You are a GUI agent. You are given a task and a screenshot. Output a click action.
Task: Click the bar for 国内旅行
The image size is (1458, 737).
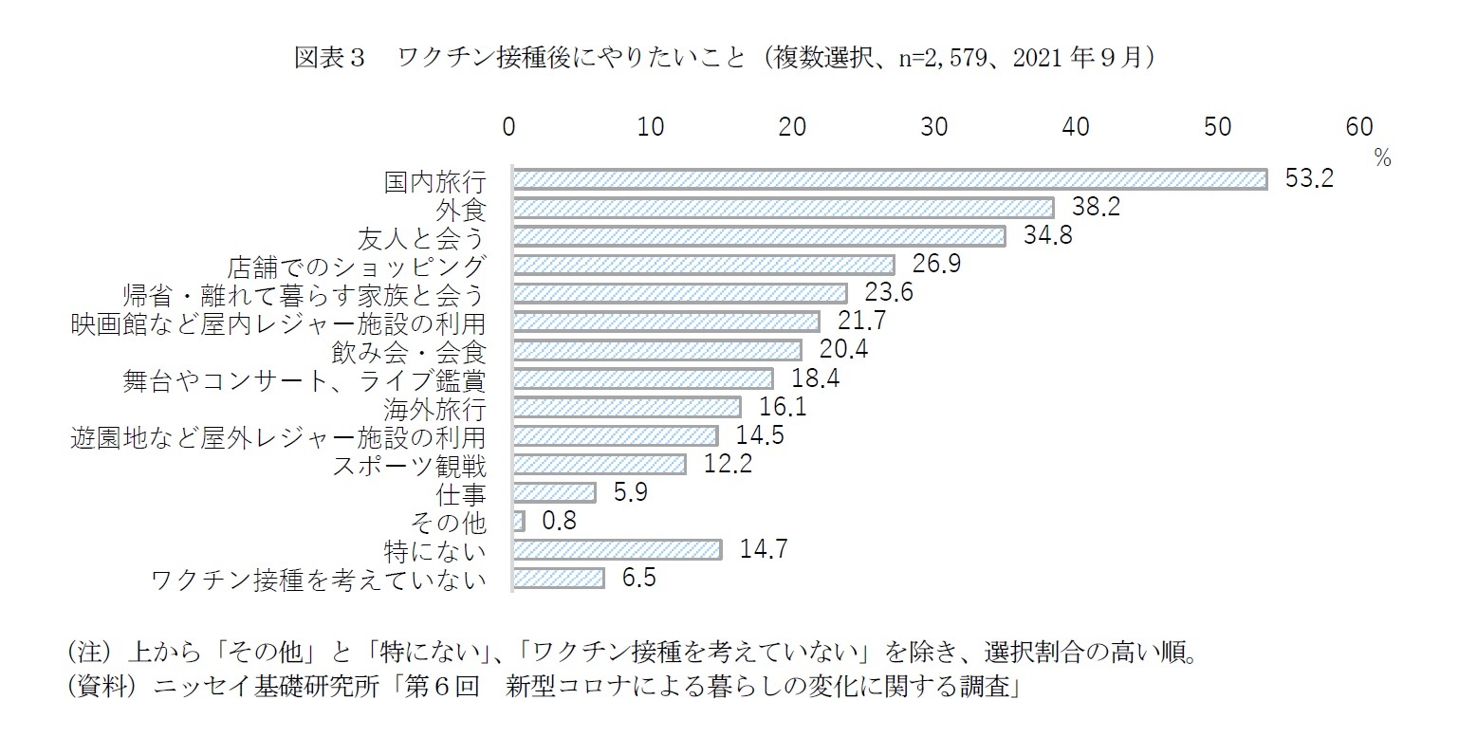(x=890, y=179)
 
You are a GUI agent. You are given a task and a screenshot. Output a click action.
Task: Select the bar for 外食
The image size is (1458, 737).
(x=783, y=208)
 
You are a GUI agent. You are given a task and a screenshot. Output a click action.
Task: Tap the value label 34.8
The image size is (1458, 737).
(x=1048, y=236)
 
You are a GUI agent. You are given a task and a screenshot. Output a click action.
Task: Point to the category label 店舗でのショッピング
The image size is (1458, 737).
(x=358, y=266)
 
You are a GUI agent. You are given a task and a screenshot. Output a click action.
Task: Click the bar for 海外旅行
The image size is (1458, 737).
(x=626, y=407)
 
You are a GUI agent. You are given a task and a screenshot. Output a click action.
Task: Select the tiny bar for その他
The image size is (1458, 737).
(x=519, y=521)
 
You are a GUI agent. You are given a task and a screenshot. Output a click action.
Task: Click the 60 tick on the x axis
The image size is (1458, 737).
(x=1358, y=127)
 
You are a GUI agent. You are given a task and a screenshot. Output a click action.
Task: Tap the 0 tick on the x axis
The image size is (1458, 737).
(x=509, y=127)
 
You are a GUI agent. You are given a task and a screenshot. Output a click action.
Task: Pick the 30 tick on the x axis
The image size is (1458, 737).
(x=934, y=127)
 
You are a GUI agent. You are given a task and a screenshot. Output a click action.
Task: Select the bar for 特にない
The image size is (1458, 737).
(x=617, y=549)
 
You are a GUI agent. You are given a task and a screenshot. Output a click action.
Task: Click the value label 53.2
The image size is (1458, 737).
(x=1309, y=179)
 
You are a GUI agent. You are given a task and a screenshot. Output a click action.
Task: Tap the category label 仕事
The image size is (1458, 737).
(x=461, y=493)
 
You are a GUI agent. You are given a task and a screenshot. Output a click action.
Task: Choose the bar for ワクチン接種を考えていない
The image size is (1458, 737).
(x=559, y=578)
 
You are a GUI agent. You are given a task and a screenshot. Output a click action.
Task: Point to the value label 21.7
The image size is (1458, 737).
(x=861, y=322)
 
